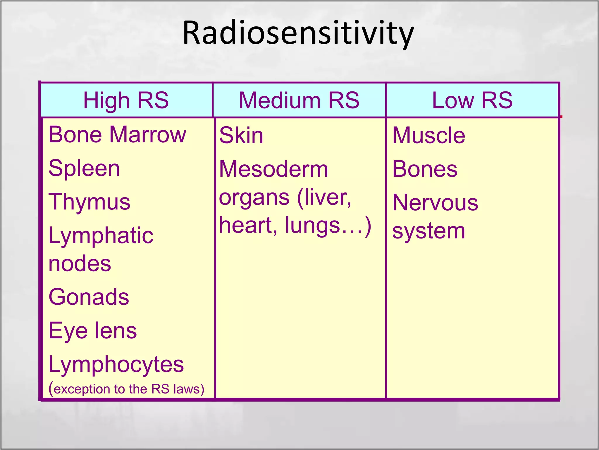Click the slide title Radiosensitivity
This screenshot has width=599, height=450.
click(298, 33)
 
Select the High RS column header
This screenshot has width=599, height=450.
click(126, 100)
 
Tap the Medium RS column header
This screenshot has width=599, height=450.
click(299, 100)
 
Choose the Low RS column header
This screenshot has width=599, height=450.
click(472, 100)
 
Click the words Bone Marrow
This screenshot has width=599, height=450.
click(117, 134)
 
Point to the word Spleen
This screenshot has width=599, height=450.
click(84, 168)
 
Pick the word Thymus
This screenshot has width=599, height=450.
click(89, 202)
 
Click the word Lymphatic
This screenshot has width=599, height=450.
click(101, 236)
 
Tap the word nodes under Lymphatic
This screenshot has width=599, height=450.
click(80, 263)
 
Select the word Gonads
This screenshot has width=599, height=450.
click(89, 297)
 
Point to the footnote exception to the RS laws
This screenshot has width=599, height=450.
click(126, 389)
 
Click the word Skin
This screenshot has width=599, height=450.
click(241, 136)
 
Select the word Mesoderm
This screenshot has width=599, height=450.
click(273, 169)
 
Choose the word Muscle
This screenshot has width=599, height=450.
click(428, 136)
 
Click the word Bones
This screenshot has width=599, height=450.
click(425, 169)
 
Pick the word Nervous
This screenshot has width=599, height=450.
click(435, 203)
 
